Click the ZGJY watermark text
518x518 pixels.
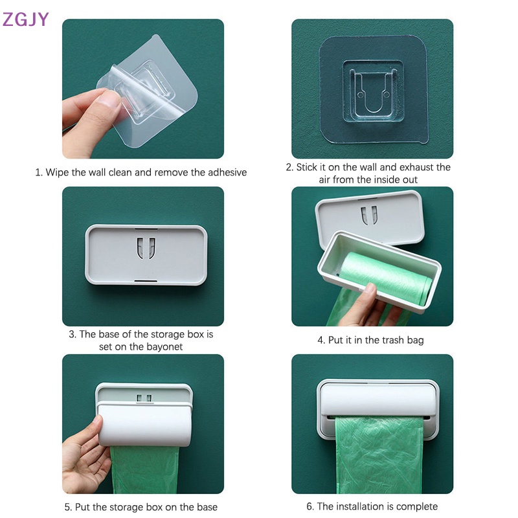(26, 19)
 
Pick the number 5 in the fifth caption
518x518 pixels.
(68, 507)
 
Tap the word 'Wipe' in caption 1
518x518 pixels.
(58, 172)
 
